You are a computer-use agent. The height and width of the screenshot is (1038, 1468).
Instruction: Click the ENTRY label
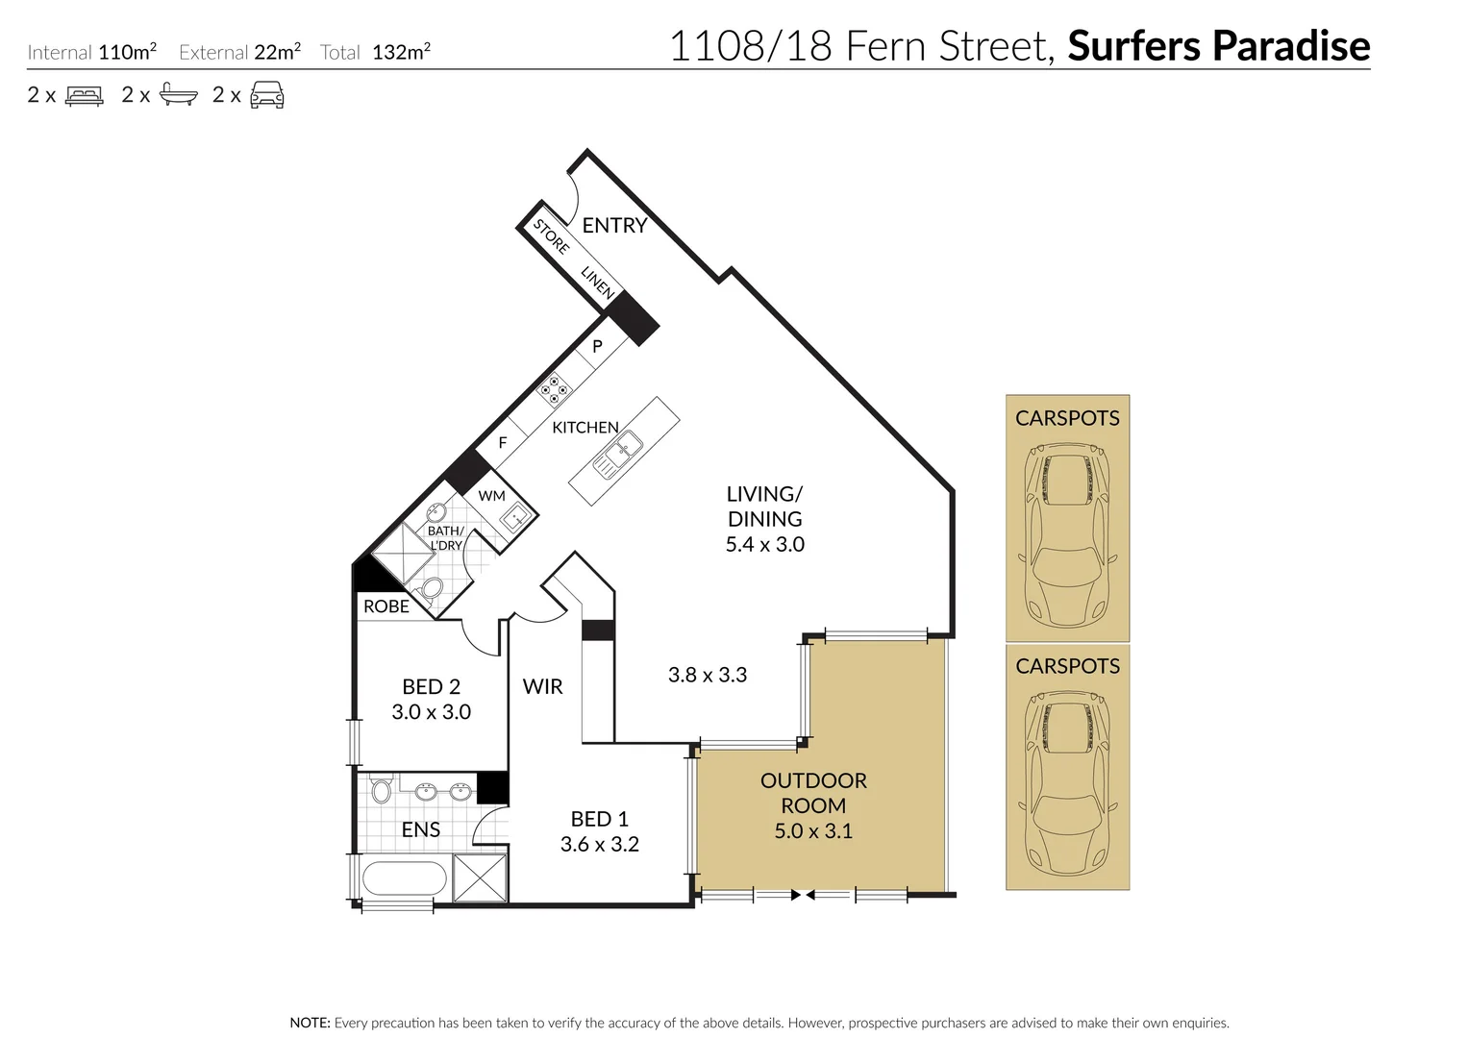614,225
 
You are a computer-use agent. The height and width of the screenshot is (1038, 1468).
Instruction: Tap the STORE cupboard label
551,236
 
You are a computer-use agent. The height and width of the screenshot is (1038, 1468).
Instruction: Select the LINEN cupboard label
597,282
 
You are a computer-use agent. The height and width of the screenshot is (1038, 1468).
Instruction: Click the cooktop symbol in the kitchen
554,388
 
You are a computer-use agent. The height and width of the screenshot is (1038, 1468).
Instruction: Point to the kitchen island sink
618,455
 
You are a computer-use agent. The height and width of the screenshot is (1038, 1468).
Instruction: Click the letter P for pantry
597,346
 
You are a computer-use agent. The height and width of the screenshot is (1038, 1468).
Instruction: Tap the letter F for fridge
502,443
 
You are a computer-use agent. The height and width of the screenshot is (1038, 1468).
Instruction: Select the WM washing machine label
491,496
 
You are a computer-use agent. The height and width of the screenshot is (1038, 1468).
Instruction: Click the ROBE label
386,606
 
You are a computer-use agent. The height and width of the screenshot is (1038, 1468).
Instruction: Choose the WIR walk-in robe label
542,686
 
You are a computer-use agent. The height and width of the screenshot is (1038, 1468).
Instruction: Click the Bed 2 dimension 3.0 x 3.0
431,712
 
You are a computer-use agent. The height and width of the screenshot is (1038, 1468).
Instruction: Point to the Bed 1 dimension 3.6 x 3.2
599,844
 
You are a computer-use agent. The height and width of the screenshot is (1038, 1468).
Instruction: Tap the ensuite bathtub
405,878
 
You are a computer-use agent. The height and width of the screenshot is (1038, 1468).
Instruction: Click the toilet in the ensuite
381,791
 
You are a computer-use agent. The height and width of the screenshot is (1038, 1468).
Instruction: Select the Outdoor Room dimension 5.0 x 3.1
813,830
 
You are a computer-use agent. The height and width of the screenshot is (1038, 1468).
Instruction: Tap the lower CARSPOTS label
1067,666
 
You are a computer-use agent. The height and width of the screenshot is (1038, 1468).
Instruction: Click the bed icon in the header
84,95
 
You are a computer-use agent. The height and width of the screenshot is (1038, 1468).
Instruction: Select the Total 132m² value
401,52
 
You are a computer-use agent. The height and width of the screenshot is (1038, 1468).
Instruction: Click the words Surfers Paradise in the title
1218,45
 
